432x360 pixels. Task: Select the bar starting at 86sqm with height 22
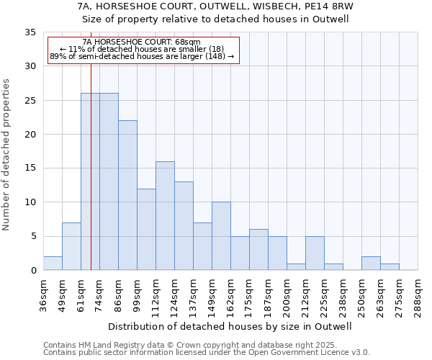127,195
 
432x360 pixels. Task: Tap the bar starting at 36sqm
53,264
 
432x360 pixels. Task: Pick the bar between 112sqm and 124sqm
165,216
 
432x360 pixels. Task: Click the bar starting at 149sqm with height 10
221,236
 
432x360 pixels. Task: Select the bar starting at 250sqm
371,264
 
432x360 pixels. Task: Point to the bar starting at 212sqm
315,253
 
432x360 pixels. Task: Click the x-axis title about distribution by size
230,326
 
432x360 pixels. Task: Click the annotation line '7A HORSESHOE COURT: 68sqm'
142,42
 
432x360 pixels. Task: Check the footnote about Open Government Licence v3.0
206,353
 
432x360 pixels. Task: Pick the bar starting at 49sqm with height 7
71,246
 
